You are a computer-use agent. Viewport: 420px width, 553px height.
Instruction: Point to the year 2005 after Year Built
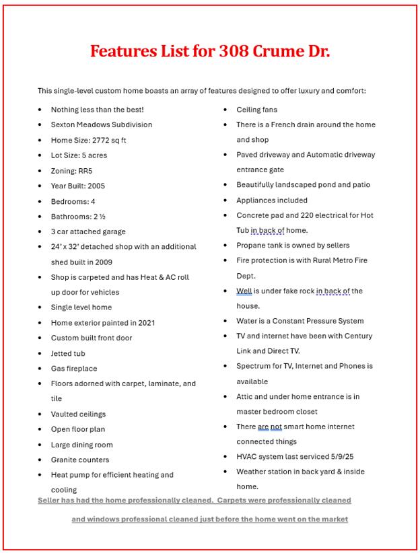96,186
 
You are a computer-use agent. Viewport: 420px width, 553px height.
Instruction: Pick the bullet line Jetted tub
68,353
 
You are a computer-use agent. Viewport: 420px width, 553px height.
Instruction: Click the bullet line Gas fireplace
74,369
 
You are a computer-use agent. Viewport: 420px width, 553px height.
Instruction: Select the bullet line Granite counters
80,459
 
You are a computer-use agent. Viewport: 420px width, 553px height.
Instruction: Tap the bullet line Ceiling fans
256,110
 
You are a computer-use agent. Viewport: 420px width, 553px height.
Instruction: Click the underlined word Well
244,291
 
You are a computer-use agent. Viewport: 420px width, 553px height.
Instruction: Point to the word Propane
250,246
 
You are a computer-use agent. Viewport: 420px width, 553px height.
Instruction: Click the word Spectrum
253,366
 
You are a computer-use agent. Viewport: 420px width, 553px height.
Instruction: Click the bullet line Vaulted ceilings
78,414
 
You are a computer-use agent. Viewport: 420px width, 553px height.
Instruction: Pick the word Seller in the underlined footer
48,501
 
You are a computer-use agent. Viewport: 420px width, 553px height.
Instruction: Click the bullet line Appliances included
271,200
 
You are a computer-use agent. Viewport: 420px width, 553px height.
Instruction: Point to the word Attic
246,396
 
